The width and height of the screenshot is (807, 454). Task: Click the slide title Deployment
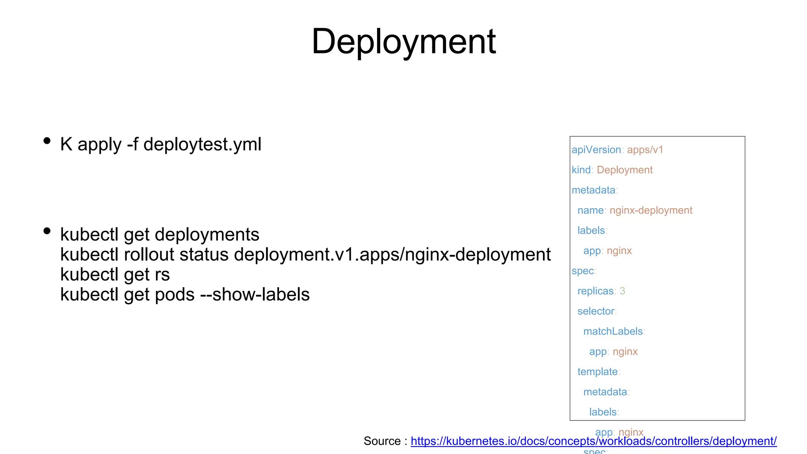pyautogui.click(x=403, y=42)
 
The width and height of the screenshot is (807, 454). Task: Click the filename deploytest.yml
pyautogui.click(x=202, y=145)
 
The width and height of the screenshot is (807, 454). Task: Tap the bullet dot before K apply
pyautogui.click(x=47, y=141)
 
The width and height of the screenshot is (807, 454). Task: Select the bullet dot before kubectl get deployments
pyautogui.click(x=47, y=231)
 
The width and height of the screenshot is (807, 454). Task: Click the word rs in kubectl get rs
pyautogui.click(x=162, y=275)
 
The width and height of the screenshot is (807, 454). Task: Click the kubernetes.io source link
pyautogui.click(x=593, y=441)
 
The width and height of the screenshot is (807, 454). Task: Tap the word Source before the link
pyautogui.click(x=382, y=441)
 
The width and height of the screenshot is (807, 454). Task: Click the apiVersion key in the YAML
pyautogui.click(x=596, y=150)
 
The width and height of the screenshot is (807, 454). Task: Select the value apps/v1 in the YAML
pyautogui.click(x=645, y=150)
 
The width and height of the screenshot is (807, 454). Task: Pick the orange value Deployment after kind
pyautogui.click(x=625, y=170)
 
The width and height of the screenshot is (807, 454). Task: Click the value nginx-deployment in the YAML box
pyautogui.click(x=651, y=210)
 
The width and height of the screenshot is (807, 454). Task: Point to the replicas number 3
pyautogui.click(x=622, y=291)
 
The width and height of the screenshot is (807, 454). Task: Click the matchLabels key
pyautogui.click(x=613, y=331)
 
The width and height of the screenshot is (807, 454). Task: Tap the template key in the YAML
pyautogui.click(x=597, y=372)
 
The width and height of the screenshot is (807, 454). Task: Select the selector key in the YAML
pyautogui.click(x=596, y=311)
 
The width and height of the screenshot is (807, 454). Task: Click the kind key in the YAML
pyautogui.click(x=581, y=170)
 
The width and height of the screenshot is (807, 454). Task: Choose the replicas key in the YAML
pyautogui.click(x=595, y=291)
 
